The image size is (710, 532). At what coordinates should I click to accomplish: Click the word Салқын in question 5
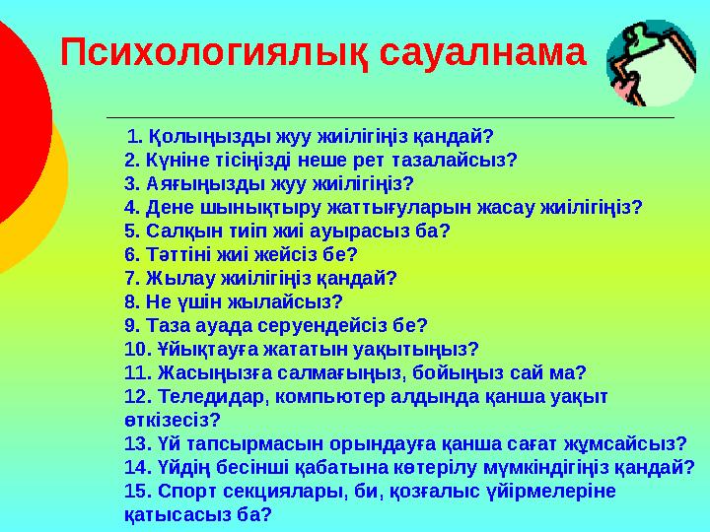tap(178, 231)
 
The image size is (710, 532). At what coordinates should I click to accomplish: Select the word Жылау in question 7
tap(173, 278)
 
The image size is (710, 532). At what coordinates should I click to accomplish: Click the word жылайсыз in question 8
tap(296, 301)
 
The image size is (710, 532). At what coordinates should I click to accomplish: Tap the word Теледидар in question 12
tap(203, 396)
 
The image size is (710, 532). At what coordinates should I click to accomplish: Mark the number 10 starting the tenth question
tap(135, 349)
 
